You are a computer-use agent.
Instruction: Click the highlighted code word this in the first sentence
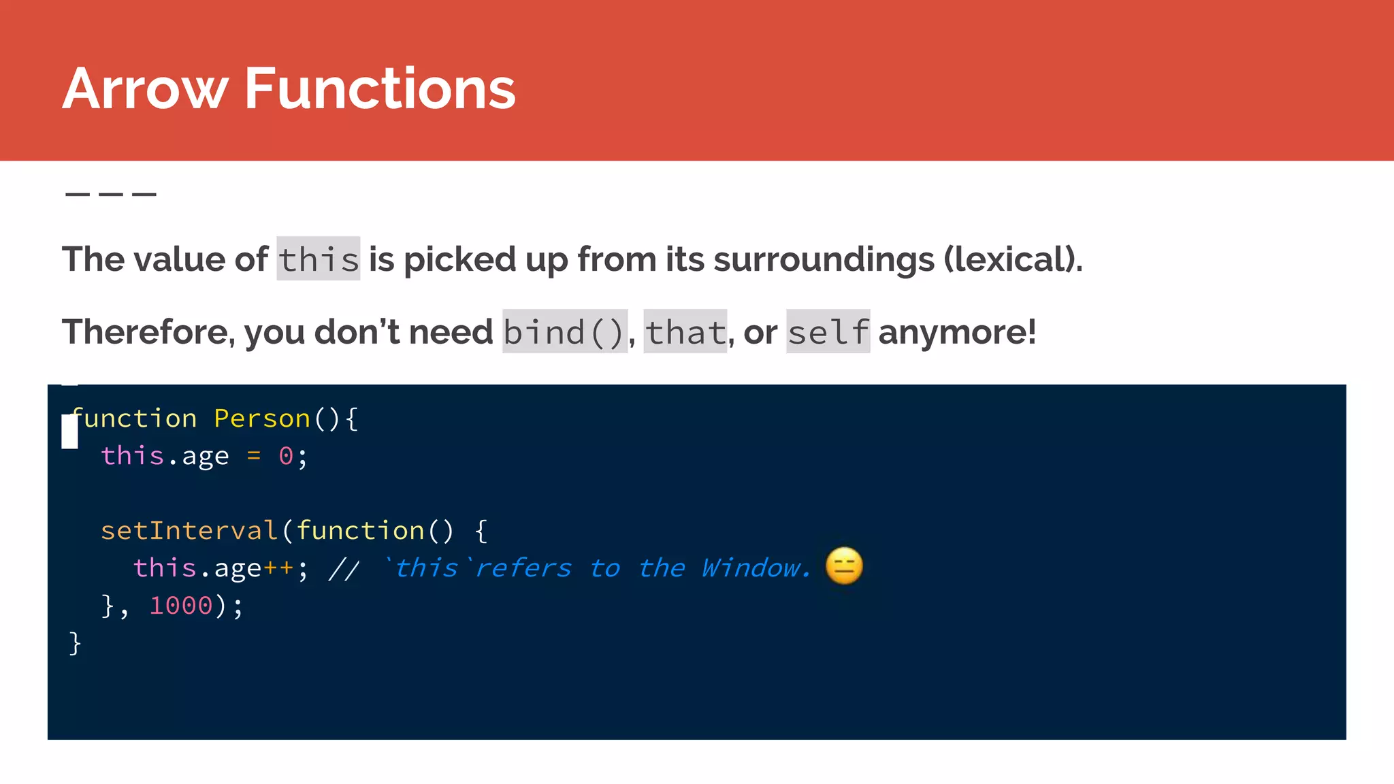point(319,259)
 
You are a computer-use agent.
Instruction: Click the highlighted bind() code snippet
point(564,332)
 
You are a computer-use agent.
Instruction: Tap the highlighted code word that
point(685,332)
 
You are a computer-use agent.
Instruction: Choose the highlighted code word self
point(828,332)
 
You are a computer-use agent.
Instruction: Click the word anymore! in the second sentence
point(957,332)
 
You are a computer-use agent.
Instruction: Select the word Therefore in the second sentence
point(146,332)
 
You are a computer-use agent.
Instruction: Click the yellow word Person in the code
point(262,419)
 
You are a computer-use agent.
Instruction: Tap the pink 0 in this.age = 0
point(286,456)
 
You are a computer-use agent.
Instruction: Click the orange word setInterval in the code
point(189,531)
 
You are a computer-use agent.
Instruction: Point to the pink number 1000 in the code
point(181,606)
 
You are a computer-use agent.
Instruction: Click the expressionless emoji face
point(844,566)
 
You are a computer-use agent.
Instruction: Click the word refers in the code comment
point(523,568)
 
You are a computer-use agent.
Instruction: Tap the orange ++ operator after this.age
point(278,568)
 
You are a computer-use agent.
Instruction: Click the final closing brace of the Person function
point(75,643)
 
